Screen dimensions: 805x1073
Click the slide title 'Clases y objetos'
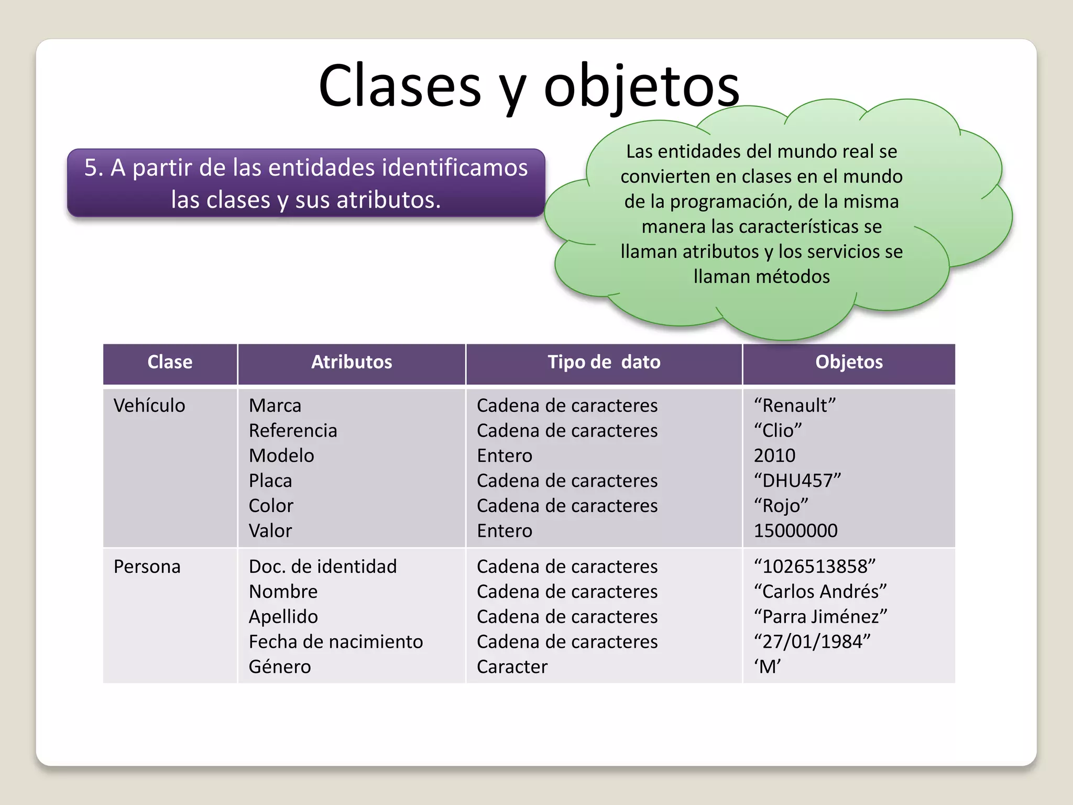529,86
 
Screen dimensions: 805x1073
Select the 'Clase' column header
170,362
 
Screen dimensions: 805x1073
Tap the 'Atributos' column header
352,362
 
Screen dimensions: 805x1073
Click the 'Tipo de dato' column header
604,362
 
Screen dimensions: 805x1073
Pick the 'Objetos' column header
849,362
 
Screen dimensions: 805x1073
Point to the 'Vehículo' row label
149,406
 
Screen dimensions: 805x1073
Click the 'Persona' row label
147,567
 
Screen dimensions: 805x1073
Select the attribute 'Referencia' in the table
293,431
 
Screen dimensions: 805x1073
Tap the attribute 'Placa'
270,481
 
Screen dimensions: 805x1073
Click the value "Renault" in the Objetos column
795,406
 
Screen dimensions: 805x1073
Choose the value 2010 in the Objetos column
774,455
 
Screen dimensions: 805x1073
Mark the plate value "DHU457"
797,481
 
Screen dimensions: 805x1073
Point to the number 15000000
795,531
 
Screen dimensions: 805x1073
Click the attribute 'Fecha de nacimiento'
336,642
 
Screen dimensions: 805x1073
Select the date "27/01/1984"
812,642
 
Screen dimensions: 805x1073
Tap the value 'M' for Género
768,667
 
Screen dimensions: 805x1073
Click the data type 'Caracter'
512,667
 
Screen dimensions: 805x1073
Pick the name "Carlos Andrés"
820,592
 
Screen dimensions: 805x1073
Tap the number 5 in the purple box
91,168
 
